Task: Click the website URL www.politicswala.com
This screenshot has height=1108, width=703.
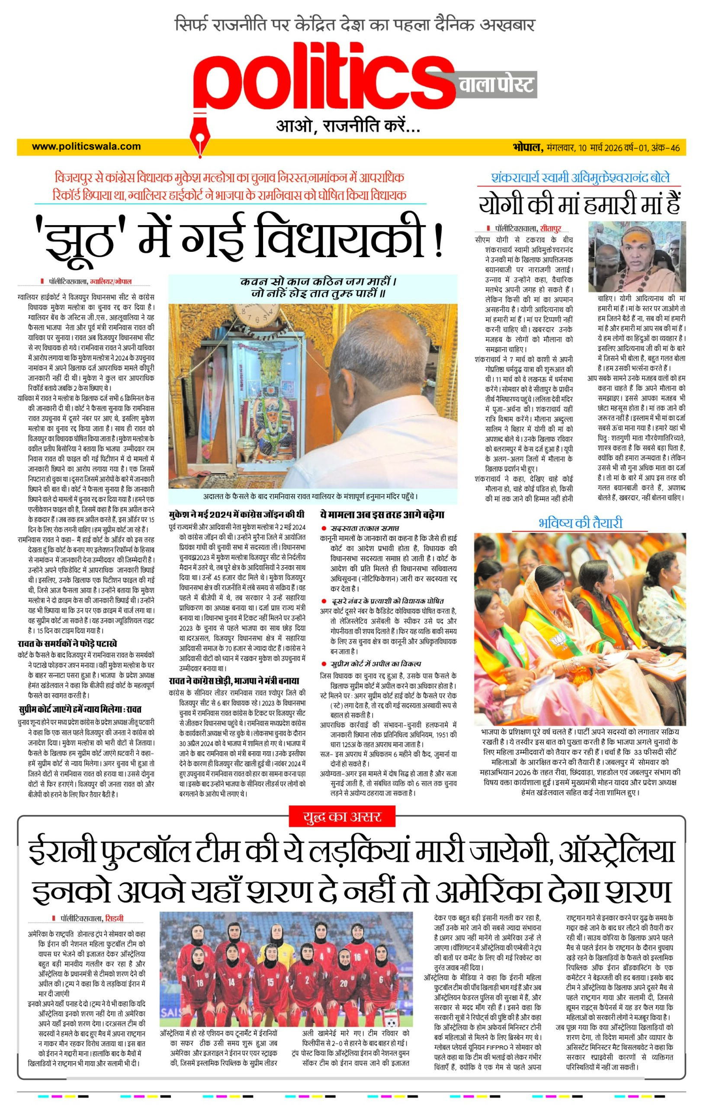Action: point(87,147)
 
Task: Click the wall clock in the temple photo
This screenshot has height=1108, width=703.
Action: point(252,317)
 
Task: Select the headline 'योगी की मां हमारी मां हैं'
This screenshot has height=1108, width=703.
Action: point(579,204)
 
